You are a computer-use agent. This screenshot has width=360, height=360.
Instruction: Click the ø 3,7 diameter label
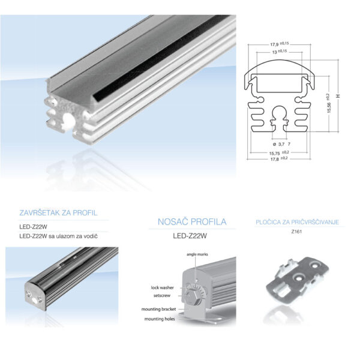point(280,145)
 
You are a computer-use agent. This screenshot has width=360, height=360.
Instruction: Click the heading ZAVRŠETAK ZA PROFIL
point(58,213)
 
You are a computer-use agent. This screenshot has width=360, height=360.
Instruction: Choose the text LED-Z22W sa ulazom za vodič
point(58,236)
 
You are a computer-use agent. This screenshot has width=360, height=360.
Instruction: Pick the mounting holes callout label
point(160,319)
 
